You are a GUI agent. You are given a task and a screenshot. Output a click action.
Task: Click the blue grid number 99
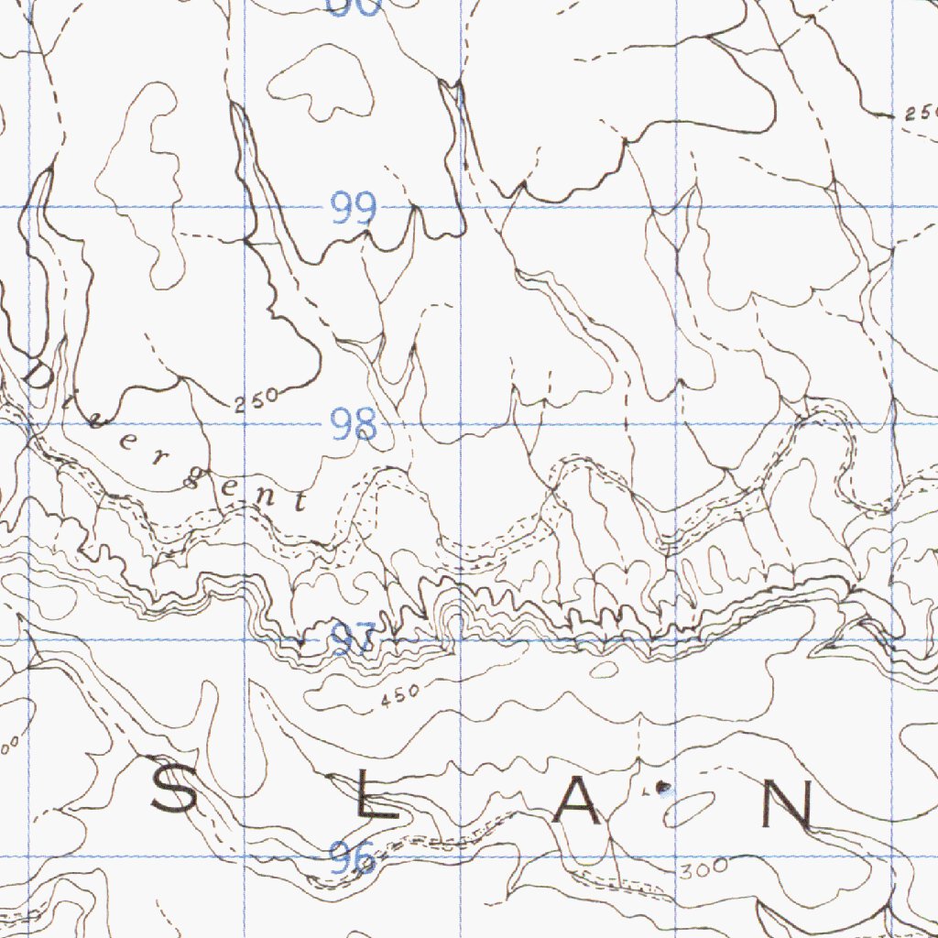click(x=354, y=210)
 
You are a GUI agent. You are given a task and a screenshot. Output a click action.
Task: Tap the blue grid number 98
click(x=354, y=425)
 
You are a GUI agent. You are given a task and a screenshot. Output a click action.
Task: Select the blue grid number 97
click(x=354, y=638)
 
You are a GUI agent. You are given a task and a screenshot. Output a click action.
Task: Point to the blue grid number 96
click(x=354, y=858)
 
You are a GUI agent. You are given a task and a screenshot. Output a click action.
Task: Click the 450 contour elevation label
click(x=398, y=693)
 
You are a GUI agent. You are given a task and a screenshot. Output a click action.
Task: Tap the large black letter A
click(x=579, y=802)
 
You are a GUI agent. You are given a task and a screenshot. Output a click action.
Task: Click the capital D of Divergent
click(x=38, y=375)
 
